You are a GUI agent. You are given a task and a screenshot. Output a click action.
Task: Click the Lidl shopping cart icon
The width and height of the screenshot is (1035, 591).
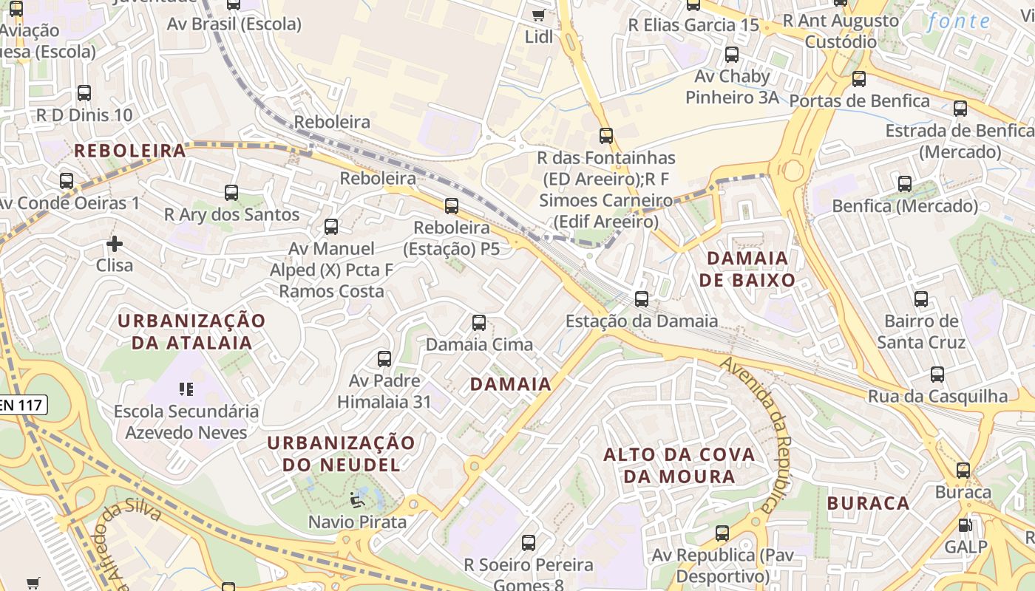pos(538,15)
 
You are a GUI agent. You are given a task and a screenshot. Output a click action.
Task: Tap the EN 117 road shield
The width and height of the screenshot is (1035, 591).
pos(22,404)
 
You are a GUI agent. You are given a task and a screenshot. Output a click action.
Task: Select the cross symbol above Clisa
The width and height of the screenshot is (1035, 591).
pos(115,243)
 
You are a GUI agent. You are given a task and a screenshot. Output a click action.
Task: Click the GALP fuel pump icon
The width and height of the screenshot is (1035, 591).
pos(965,525)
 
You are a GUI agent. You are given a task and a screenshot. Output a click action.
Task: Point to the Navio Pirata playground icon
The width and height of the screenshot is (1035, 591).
pos(358,500)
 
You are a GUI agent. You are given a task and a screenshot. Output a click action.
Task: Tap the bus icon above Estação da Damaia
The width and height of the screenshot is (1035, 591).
pos(642,299)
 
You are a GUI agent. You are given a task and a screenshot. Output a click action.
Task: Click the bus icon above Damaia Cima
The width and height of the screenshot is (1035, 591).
pos(479,323)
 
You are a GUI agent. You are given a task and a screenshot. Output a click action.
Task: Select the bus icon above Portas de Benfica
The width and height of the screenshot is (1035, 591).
pos(858,79)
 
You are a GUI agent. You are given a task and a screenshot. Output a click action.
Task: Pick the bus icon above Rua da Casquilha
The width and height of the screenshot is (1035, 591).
pos(937,375)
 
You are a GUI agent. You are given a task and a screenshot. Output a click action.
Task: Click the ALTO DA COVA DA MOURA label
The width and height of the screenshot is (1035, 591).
pos(679,465)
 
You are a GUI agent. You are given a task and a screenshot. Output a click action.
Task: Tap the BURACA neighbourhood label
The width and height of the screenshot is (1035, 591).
pos(868,503)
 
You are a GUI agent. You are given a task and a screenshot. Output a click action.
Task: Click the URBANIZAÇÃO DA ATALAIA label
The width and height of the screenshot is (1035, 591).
pos(191,332)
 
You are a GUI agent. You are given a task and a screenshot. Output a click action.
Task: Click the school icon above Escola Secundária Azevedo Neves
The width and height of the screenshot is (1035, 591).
pos(186,389)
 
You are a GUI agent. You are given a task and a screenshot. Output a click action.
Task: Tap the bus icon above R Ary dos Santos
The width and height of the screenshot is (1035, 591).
pos(231,193)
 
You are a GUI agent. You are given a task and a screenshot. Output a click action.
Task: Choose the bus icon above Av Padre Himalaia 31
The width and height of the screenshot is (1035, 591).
pos(384,359)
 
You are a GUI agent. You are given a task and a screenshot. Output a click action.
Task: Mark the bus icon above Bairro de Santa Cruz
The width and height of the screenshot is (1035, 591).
pos(920,299)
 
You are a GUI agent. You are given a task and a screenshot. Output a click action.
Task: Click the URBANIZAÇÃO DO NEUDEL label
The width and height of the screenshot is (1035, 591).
pos(341,454)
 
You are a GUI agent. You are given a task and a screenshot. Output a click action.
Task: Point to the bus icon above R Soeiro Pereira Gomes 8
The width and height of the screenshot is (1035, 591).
pos(529,543)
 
